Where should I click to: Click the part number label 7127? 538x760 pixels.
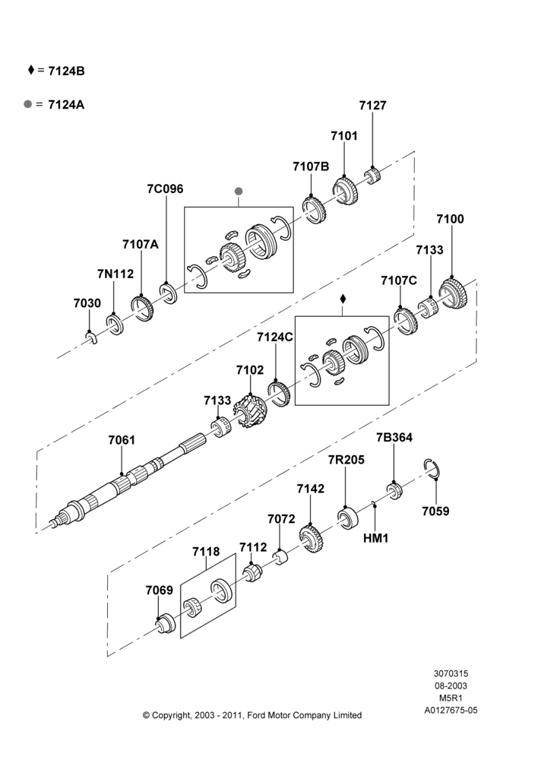pyautogui.click(x=372, y=105)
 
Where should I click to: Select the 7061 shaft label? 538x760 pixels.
pyautogui.click(x=122, y=440)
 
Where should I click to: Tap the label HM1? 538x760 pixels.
pyautogui.click(x=375, y=538)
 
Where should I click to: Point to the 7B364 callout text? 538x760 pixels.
pyautogui.click(x=394, y=437)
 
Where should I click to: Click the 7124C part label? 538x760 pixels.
pyautogui.click(x=275, y=337)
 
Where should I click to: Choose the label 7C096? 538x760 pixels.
pyautogui.click(x=166, y=188)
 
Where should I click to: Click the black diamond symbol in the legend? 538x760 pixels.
pyautogui.click(x=31, y=70)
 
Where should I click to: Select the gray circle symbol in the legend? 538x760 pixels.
pyautogui.click(x=28, y=103)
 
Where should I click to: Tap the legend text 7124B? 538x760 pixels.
pyautogui.click(x=67, y=71)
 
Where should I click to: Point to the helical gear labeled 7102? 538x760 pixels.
pyautogui.click(x=250, y=413)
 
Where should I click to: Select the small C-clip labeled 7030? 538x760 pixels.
pyautogui.click(x=92, y=339)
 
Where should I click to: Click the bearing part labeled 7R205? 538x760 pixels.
pyautogui.click(x=348, y=518)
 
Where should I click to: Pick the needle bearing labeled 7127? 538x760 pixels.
pyautogui.click(x=372, y=176)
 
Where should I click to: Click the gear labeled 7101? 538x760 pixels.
pyautogui.click(x=345, y=191)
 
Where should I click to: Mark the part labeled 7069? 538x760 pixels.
pyautogui.click(x=166, y=624)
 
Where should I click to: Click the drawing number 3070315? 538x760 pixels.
pyautogui.click(x=451, y=673)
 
